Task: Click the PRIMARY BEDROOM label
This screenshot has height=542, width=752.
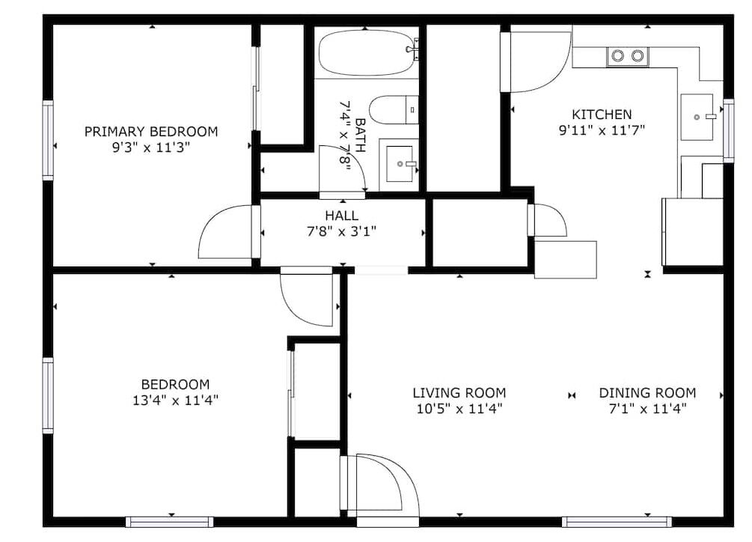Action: [x=151, y=132]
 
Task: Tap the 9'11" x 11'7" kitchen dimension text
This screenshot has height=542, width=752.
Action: [x=602, y=130]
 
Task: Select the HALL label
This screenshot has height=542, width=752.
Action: [x=341, y=216]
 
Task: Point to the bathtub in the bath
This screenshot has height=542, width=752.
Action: [x=367, y=52]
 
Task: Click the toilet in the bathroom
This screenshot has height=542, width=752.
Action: [x=394, y=109]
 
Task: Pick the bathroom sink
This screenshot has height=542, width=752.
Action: [x=400, y=164]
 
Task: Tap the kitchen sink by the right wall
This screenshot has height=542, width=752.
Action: [x=697, y=117]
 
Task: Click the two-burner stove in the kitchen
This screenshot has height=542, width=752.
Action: [x=627, y=57]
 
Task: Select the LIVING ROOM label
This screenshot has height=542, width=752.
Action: [x=459, y=393]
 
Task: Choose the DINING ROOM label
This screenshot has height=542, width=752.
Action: [x=647, y=393]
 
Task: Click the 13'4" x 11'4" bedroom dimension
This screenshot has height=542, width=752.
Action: [x=176, y=400]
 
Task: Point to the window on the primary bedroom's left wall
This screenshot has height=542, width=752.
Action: [x=47, y=140]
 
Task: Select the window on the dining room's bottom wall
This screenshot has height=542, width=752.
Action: [x=617, y=522]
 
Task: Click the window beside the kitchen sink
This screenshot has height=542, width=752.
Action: [x=729, y=130]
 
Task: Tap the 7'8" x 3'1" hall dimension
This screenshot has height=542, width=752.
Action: [x=341, y=231]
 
